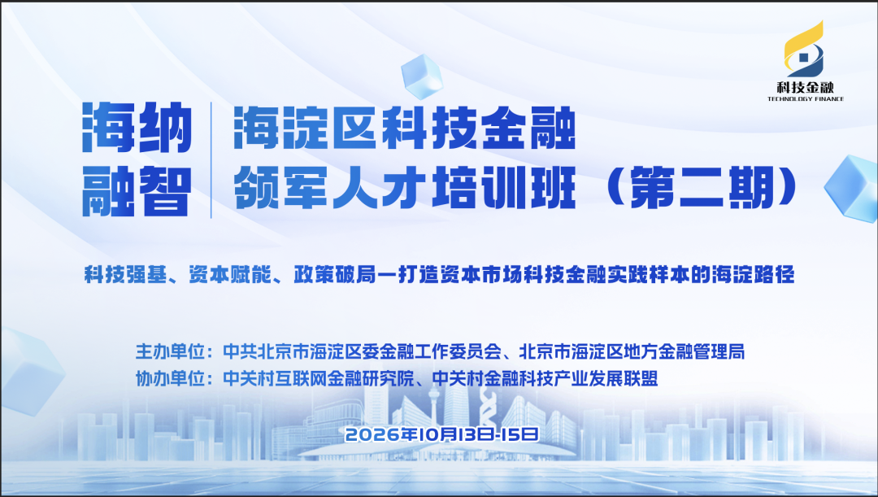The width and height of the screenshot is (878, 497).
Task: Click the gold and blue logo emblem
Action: point(804,50)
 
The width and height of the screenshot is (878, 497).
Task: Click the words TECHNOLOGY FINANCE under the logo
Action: point(805,99)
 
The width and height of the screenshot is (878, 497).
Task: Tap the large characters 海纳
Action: point(137,128)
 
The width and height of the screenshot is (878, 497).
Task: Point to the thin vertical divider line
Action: point(211,159)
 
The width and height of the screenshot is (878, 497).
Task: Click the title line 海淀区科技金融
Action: point(405,129)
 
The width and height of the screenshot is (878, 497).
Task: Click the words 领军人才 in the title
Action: point(330,188)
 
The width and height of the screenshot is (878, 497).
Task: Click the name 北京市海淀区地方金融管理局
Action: point(632,352)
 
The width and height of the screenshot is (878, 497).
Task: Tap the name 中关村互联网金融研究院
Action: point(319,379)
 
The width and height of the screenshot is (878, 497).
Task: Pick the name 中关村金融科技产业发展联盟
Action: point(545,379)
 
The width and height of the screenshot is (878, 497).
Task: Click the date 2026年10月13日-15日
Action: point(442,434)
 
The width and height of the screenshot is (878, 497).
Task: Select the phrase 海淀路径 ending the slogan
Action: point(754,275)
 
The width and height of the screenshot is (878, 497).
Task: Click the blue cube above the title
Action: point(422,76)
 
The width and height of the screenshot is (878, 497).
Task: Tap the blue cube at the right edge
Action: point(852,187)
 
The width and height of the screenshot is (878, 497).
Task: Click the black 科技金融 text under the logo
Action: point(805,87)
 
